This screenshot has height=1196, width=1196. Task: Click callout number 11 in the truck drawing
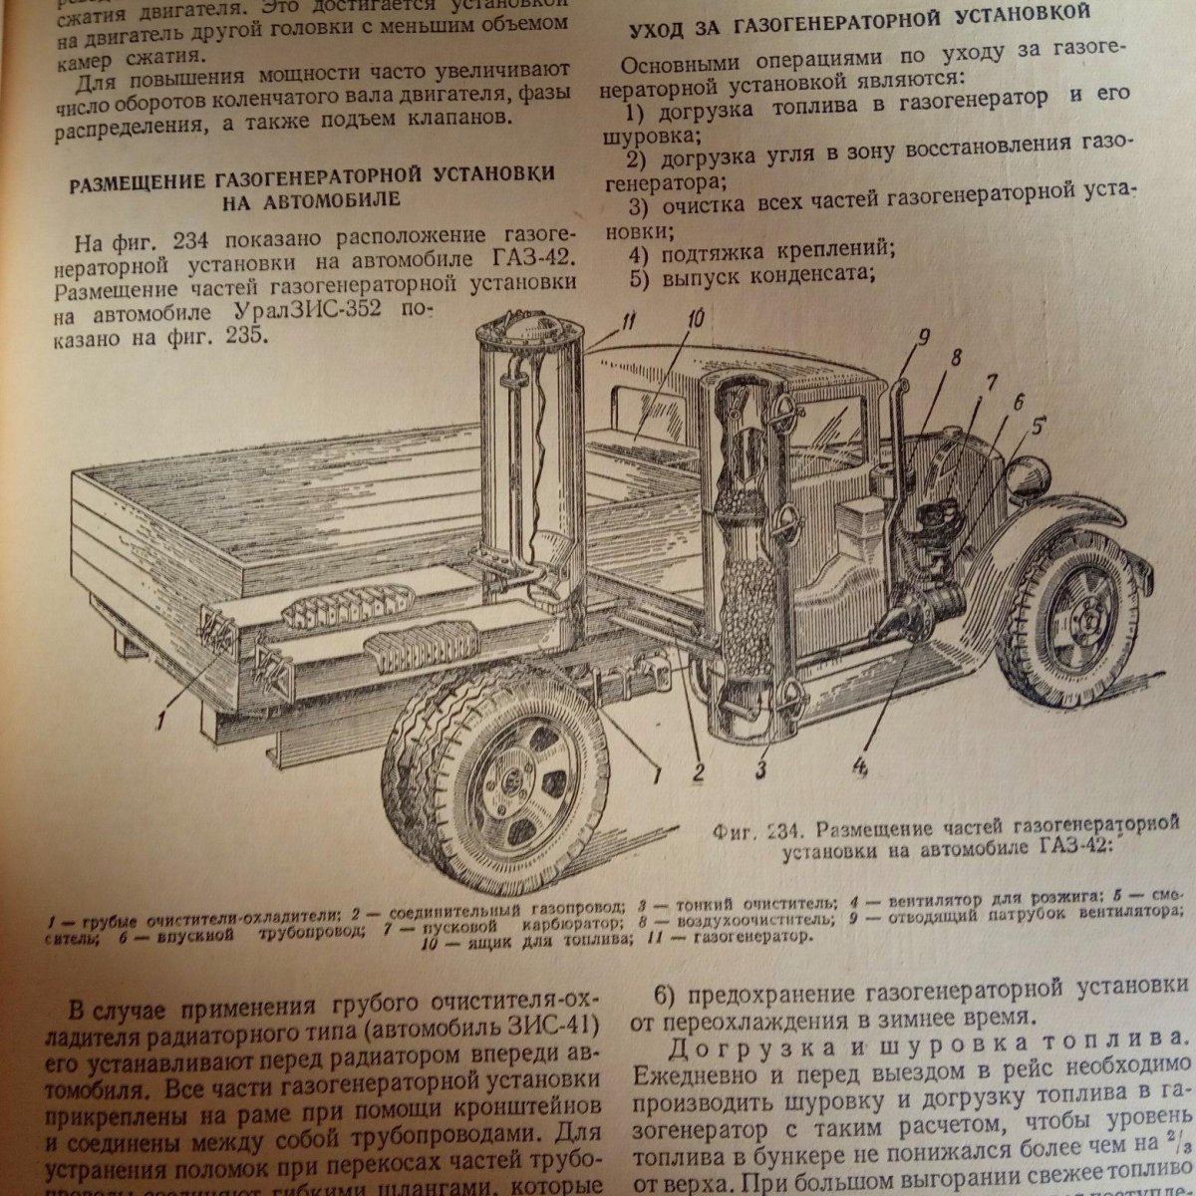pos(598,321)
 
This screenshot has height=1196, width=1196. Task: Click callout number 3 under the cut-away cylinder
pos(761,769)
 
